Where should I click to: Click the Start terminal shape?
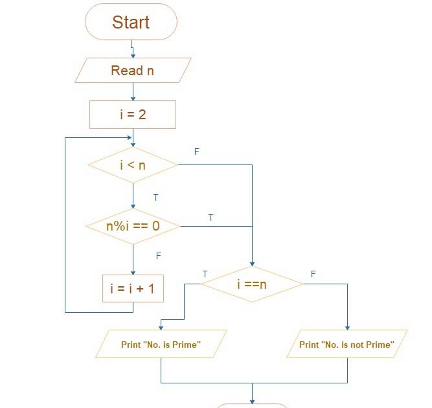pyautogui.click(x=131, y=22)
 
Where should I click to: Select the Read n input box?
pyautogui.click(x=133, y=71)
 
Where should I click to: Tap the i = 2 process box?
pyautogui.click(x=133, y=115)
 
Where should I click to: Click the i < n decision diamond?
pyautogui.click(x=133, y=165)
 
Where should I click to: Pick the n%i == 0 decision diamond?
pyautogui.click(x=133, y=226)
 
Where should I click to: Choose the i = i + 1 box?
pyautogui.click(x=133, y=289)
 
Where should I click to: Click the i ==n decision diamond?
pyautogui.click(x=252, y=284)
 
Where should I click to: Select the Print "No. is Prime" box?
pyautogui.click(x=161, y=344)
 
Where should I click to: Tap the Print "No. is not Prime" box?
pyautogui.click(x=347, y=344)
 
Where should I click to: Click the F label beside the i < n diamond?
pyautogui.click(x=197, y=152)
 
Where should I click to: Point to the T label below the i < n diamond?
pyautogui.click(x=155, y=197)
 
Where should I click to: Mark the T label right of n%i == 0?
pyautogui.click(x=210, y=218)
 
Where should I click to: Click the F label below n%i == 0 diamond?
pyautogui.click(x=158, y=256)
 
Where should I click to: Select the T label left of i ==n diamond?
pyautogui.click(x=205, y=274)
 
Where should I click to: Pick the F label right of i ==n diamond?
pyautogui.click(x=313, y=274)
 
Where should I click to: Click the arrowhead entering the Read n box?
pyautogui.click(x=133, y=56)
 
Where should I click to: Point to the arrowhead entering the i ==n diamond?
pyautogui.click(x=252, y=263)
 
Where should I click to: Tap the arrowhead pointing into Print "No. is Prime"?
pyautogui.click(x=161, y=327)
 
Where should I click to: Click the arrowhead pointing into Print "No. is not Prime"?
pyautogui.click(x=347, y=327)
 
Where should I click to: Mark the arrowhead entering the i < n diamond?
pyautogui.click(x=133, y=145)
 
